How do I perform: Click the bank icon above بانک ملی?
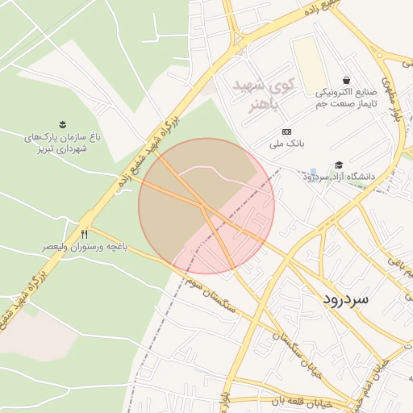pos(286,131)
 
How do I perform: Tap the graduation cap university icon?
pos(340,164)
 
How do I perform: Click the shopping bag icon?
pos(346,81)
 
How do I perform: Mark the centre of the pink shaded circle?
pos(206,206)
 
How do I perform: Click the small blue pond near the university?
pos(312,173)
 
